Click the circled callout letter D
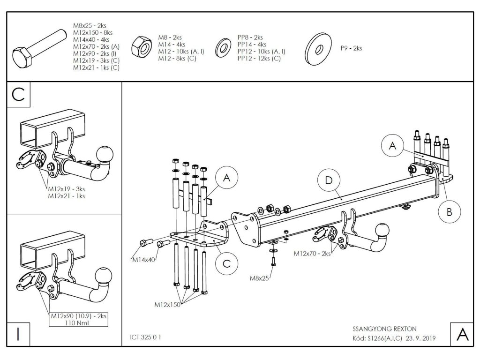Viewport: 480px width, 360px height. point(328,180)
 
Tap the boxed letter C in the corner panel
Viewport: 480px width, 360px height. point(18,94)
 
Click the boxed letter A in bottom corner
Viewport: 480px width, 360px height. point(461,334)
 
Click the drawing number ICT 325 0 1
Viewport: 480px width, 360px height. point(145,337)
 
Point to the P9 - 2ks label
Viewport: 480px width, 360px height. point(351,48)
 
